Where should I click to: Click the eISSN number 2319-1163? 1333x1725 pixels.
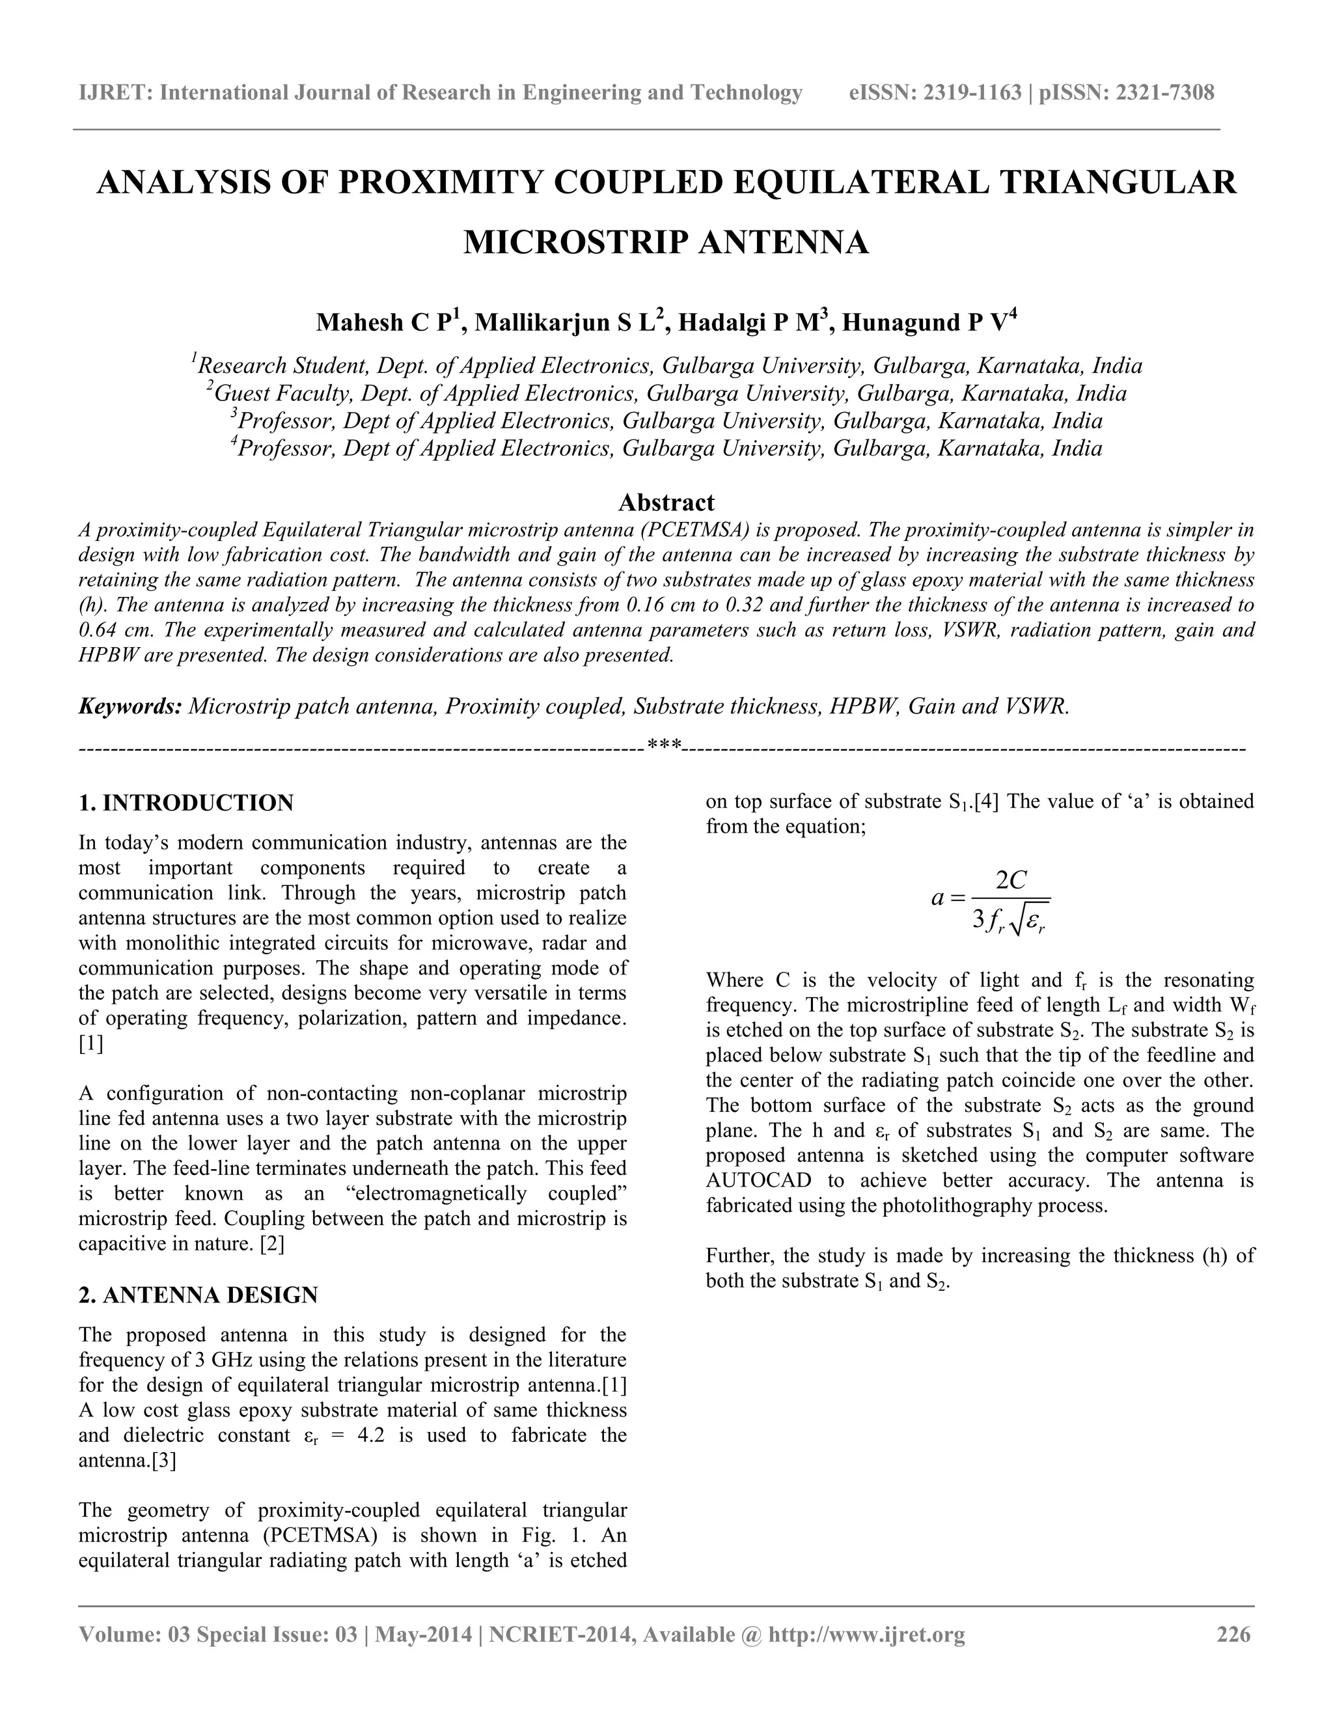point(972,93)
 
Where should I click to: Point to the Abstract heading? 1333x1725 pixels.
point(666,503)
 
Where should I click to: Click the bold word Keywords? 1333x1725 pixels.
point(130,706)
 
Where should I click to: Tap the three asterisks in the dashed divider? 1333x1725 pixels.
point(663,745)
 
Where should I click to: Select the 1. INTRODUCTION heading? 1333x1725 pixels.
point(186,803)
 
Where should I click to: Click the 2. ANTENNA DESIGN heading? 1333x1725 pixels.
point(199,1295)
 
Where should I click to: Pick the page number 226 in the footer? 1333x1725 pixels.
point(1233,1634)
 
